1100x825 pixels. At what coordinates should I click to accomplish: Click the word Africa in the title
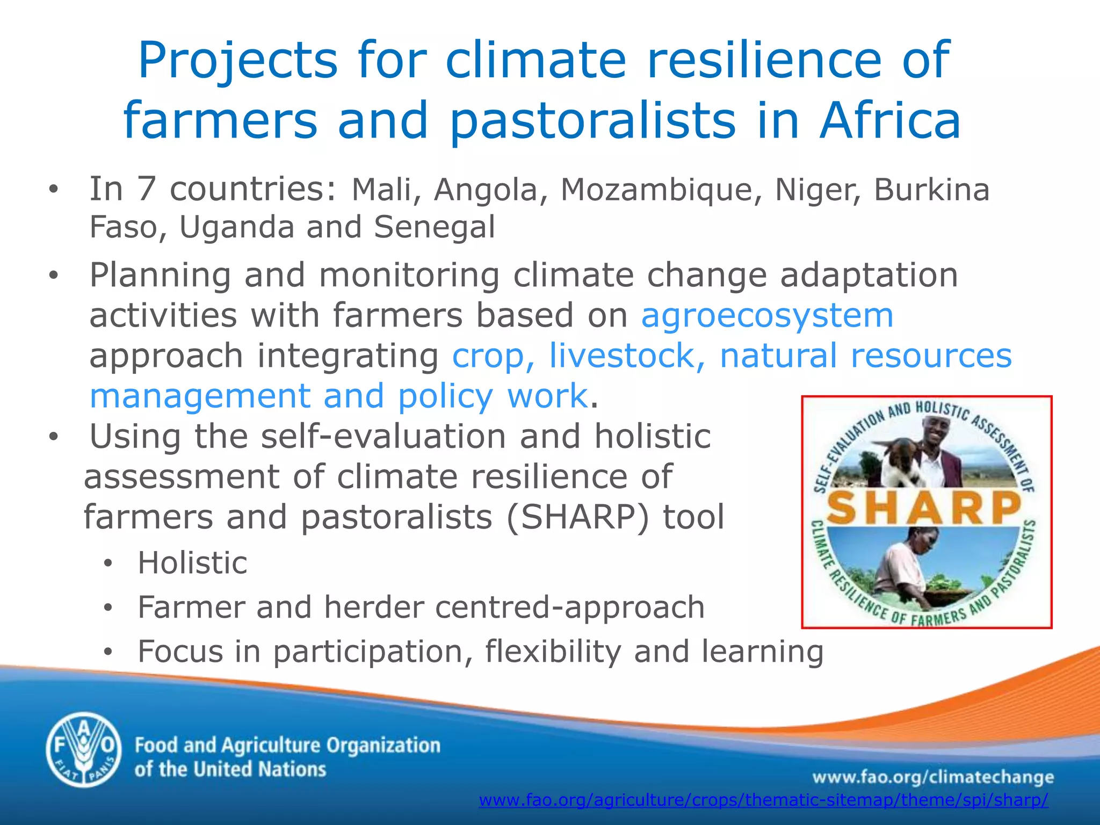[889, 120]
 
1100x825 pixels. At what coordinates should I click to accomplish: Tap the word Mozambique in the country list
[656, 190]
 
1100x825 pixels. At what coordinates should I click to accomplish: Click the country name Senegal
[434, 227]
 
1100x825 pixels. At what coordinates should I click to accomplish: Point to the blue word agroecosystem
[767, 315]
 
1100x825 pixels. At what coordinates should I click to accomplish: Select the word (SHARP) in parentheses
[577, 517]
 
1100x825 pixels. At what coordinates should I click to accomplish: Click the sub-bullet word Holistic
[192, 563]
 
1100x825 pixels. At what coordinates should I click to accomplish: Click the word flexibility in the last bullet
[553, 652]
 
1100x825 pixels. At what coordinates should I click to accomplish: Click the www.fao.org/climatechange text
[932, 777]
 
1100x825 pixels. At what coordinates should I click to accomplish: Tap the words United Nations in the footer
[259, 770]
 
